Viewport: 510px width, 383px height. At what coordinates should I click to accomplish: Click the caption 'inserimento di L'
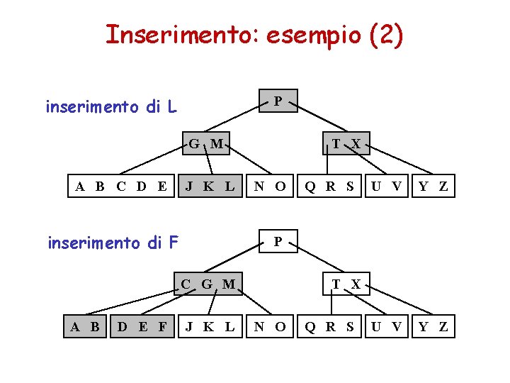[x=111, y=107]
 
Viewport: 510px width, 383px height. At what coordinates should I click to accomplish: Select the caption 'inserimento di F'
[x=113, y=243]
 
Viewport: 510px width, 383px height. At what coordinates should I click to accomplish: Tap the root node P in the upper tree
[x=278, y=101]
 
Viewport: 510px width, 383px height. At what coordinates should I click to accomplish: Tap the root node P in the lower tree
[x=278, y=242]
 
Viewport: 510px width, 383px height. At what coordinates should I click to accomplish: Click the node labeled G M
[x=205, y=145]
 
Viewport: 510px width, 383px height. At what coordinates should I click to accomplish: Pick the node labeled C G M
[x=208, y=284]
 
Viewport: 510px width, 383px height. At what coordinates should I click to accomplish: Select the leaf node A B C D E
[x=121, y=187]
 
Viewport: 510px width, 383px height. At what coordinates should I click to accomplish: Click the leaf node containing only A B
[x=85, y=326]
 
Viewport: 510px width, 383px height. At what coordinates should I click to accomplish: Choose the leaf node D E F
[x=142, y=326]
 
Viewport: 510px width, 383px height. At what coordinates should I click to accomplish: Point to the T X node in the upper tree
[x=346, y=145]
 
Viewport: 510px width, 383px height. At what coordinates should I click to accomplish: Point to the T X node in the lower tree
[x=346, y=284]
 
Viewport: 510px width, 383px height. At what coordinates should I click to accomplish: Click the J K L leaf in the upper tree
[x=210, y=187]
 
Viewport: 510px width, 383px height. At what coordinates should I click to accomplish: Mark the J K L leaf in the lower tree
[x=210, y=326]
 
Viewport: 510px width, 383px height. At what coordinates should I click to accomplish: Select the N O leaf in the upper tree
[x=271, y=187]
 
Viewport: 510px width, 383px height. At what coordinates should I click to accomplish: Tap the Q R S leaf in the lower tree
[x=329, y=326]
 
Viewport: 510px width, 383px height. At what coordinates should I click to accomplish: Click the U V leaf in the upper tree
[x=387, y=187]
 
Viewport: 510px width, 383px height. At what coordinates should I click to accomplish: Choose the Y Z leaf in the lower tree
[x=433, y=326]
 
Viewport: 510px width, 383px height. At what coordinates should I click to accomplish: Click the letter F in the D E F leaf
[x=163, y=326]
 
